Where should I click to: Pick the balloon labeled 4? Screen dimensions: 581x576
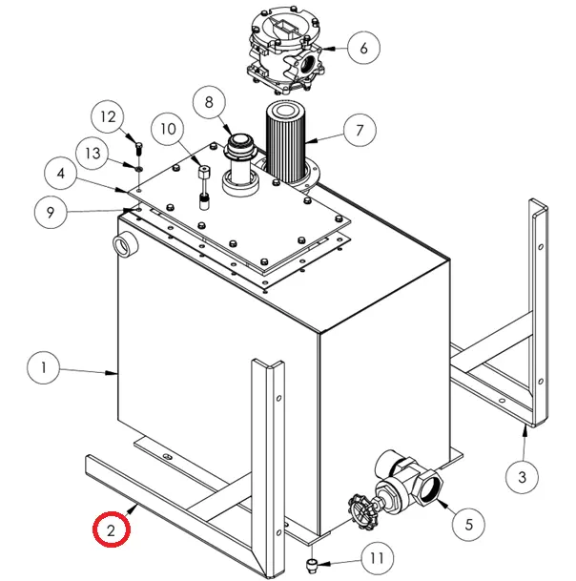pos(61,175)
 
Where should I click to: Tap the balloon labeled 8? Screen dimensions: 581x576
pos(210,102)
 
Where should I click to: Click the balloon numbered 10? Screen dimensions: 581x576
pos(168,129)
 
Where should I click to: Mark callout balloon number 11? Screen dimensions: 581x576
pos(379,558)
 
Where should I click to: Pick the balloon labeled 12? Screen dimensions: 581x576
pos(108,117)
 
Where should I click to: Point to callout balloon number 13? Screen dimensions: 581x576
pos(93,152)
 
